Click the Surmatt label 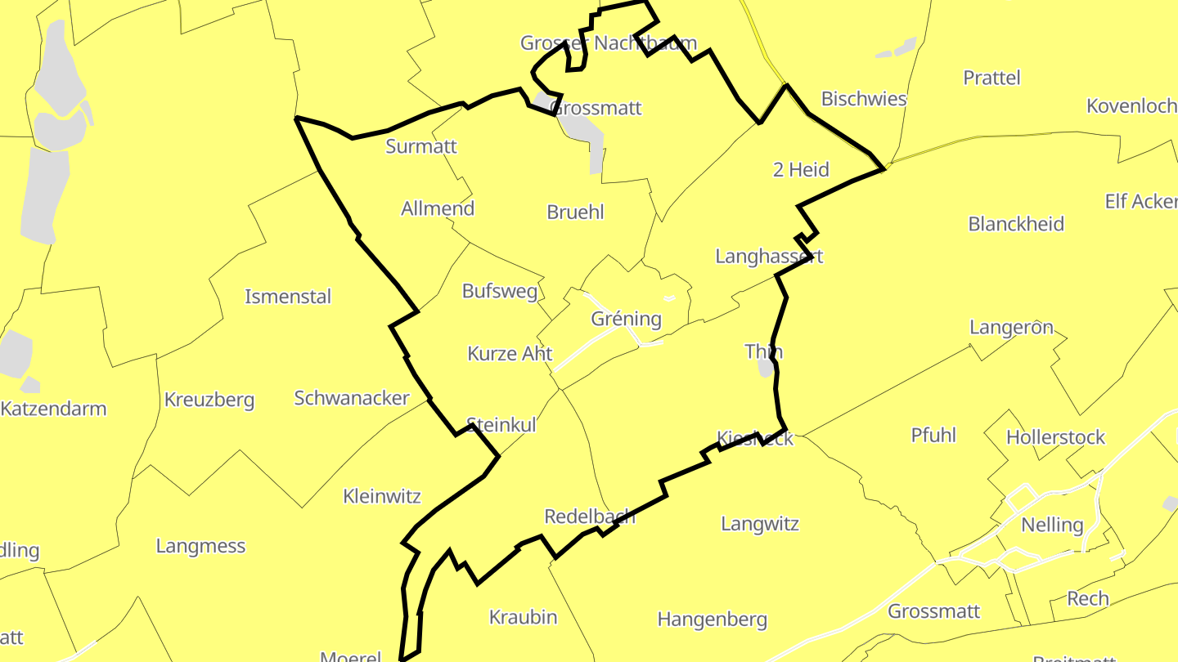click(x=420, y=147)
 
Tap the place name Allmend click(x=437, y=208)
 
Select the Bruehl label click(x=575, y=212)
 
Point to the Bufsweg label click(x=500, y=291)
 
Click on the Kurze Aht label click(x=510, y=354)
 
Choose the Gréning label click(x=626, y=319)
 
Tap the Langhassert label click(x=769, y=257)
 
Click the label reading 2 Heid click(x=801, y=170)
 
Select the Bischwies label click(x=864, y=99)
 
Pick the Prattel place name click(x=991, y=78)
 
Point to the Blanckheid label click(x=1016, y=224)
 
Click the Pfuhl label click(x=933, y=435)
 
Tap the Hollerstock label click(x=1055, y=437)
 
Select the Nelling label click(x=1052, y=525)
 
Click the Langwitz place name click(x=759, y=524)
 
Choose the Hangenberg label click(x=712, y=620)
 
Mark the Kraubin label click(x=523, y=617)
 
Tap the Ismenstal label click(x=288, y=297)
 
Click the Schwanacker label click(x=352, y=398)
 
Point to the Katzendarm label click(x=53, y=409)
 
